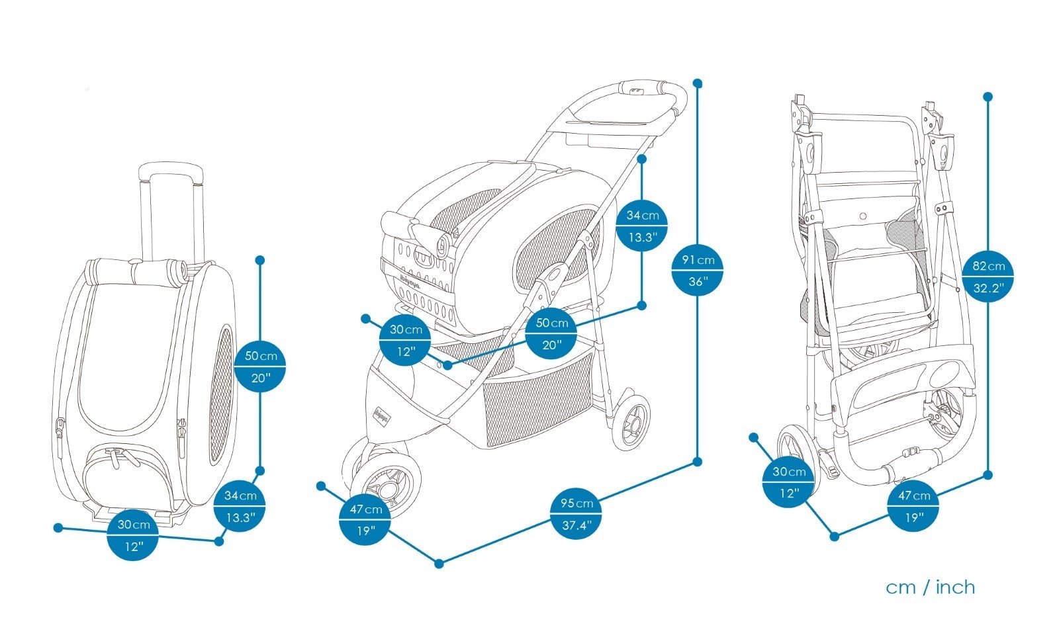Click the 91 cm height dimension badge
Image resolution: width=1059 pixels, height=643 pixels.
click(698, 271)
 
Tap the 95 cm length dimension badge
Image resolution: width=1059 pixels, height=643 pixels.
click(576, 514)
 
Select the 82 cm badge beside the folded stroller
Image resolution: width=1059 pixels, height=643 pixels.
click(988, 276)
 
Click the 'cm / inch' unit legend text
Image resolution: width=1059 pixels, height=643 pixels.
click(930, 587)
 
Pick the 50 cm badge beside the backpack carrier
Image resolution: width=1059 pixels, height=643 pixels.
click(260, 366)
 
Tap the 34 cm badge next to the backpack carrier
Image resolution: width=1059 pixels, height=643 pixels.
click(240, 506)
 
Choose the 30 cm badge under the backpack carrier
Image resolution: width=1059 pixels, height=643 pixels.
click(134, 535)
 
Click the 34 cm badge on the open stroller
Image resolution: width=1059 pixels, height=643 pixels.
click(642, 226)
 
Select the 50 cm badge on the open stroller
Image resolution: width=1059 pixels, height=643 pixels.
click(551, 333)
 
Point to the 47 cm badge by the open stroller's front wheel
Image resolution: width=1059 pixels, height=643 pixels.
click(365, 519)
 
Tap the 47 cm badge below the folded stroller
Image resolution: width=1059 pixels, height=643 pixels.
click(913, 506)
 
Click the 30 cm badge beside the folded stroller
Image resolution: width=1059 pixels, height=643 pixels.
click(788, 482)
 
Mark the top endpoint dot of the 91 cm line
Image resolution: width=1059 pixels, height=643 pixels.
click(697, 83)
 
